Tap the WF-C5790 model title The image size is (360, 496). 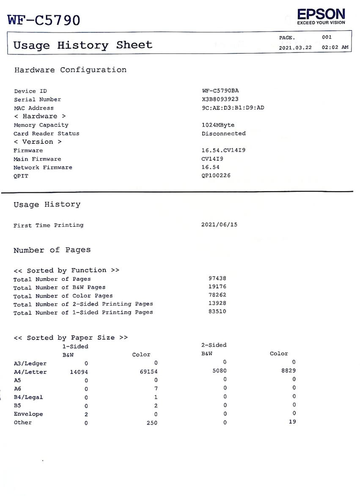tap(44, 20)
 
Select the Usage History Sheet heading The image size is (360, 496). tap(83, 45)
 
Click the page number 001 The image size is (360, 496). tap(327, 37)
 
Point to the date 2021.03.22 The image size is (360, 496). tap(295, 47)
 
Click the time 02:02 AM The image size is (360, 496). tap(335, 47)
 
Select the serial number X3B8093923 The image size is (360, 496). tap(220, 99)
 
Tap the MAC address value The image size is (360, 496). tap(233, 108)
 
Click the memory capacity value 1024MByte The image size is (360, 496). tap(218, 125)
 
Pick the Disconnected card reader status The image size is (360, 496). tap(224, 134)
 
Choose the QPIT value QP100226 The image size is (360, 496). tap(216, 176)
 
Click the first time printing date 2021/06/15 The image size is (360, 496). tap(220, 225)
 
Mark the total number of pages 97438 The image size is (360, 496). tap(217, 278)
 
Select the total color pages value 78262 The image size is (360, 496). tap(217, 295)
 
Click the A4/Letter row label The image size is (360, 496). tap(30, 372)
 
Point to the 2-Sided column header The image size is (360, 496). tap(214, 345)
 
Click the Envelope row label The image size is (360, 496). tap(28, 414)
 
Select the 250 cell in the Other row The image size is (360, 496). tap(151, 422)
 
